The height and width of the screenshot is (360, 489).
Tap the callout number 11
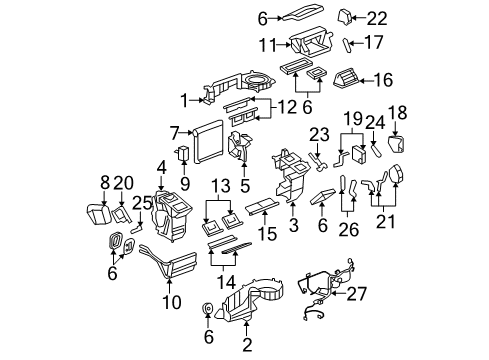(x=267, y=45)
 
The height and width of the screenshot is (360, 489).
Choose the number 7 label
(x=176, y=131)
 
